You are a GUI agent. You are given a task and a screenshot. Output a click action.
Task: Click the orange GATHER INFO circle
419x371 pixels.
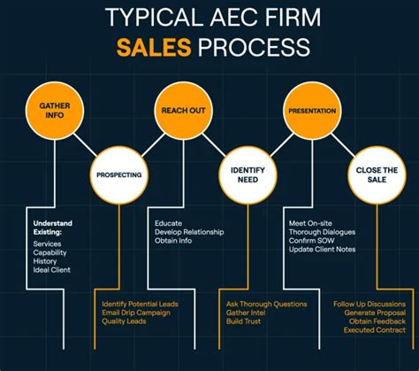point(55,111)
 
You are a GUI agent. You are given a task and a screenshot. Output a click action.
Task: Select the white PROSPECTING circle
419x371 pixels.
point(119,175)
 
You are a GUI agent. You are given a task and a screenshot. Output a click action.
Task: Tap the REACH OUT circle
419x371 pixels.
point(183,111)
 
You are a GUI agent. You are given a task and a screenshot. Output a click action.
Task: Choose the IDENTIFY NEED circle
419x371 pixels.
point(248,175)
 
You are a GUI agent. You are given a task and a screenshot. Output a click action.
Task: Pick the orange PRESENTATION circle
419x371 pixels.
point(312,111)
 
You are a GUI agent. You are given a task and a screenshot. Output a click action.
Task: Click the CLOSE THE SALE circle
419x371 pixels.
point(377,175)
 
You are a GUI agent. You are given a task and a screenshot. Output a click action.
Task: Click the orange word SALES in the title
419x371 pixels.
point(154,47)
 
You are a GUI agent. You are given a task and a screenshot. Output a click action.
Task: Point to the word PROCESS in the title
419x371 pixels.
point(254,47)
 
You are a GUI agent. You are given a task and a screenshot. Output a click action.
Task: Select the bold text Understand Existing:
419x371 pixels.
point(53,228)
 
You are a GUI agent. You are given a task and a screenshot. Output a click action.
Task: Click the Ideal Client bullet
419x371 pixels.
point(52,270)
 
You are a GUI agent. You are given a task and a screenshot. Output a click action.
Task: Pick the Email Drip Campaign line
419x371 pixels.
point(136,313)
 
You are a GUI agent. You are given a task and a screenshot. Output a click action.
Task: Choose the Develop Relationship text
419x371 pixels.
point(189,232)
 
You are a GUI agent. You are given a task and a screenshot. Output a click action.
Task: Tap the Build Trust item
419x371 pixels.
point(243,321)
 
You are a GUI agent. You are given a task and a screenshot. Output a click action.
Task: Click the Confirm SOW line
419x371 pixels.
point(311,241)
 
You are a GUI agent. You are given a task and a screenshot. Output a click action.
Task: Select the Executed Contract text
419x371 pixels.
point(375,330)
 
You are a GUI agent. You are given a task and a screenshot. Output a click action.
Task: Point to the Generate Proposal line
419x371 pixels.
point(375,313)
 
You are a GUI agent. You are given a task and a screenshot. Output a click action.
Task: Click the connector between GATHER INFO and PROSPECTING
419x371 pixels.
point(85,144)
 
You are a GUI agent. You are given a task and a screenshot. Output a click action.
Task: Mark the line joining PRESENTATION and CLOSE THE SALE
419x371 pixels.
point(343,144)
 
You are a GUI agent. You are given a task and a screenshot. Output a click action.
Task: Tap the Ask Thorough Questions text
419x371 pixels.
point(267,305)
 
